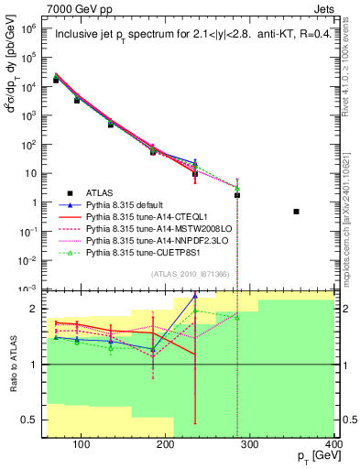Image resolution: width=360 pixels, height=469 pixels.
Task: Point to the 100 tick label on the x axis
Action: click(81, 444)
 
